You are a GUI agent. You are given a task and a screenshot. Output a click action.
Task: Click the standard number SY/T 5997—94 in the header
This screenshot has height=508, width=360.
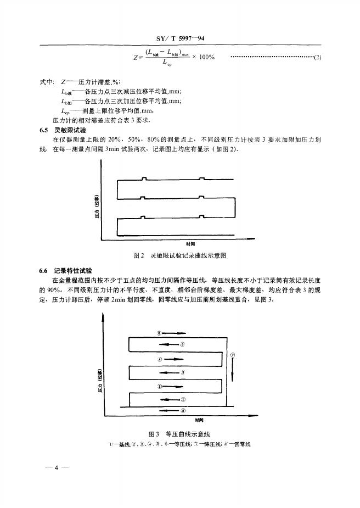181,38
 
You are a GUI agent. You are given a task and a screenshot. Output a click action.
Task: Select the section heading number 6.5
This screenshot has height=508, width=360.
45,131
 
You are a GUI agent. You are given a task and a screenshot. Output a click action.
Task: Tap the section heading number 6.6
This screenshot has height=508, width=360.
45,271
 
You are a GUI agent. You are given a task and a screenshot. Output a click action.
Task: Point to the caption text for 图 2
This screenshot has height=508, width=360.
181,255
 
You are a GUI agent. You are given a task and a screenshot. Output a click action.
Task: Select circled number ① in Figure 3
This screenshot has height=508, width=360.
184,400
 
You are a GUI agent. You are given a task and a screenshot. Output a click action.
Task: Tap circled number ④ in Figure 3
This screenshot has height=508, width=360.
160,359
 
